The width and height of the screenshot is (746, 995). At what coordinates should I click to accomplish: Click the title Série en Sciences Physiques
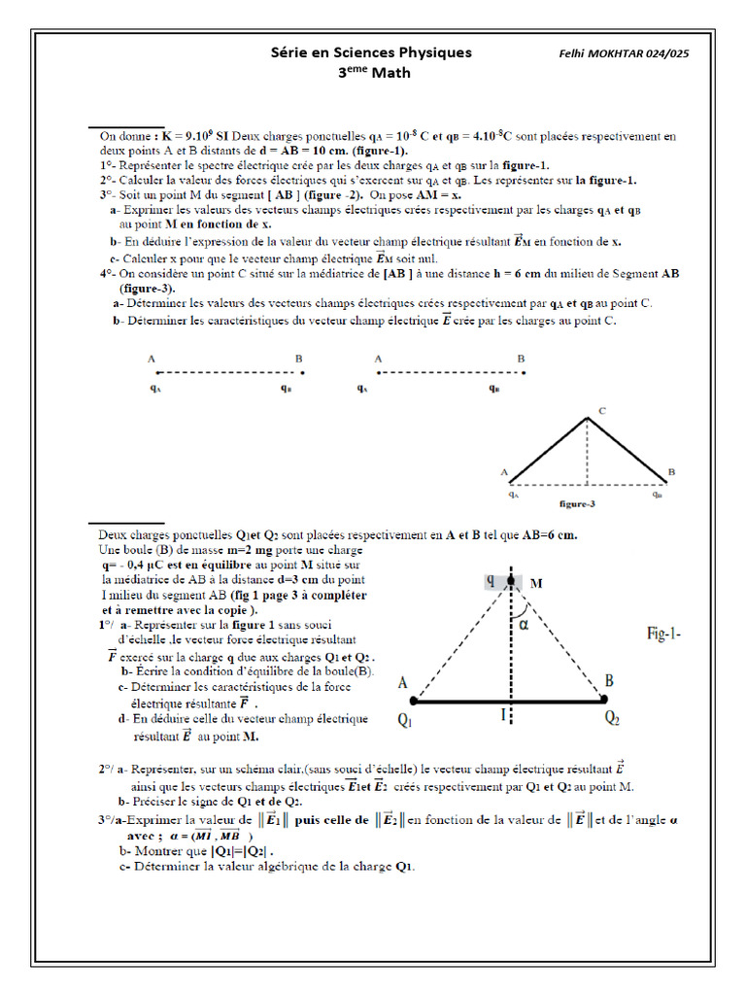(x=371, y=52)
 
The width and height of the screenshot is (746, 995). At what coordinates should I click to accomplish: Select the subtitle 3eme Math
(x=373, y=73)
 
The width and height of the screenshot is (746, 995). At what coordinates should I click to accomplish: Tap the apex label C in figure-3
(x=601, y=411)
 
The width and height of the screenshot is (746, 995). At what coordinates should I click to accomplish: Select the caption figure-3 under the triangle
(x=578, y=504)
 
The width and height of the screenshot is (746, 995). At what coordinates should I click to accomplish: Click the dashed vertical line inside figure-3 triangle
(x=587, y=452)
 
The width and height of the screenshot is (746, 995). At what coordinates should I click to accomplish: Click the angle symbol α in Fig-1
(x=523, y=625)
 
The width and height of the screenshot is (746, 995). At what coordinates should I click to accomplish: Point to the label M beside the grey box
(x=535, y=583)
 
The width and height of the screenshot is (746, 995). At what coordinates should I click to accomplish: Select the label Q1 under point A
(x=405, y=720)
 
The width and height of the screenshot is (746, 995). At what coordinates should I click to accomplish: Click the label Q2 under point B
(x=613, y=718)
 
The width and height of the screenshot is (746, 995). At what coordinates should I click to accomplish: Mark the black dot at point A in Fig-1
(x=415, y=700)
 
